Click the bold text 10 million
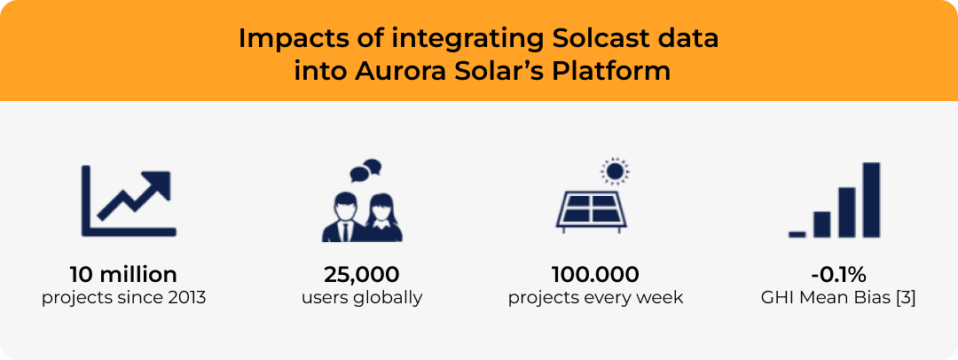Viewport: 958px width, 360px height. pyautogui.click(x=123, y=274)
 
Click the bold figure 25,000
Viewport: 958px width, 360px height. pyautogui.click(x=361, y=274)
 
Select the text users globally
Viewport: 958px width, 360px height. pyautogui.click(x=361, y=297)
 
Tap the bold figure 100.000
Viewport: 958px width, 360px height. pyautogui.click(x=595, y=274)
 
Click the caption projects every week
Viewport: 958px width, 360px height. pyautogui.click(x=595, y=297)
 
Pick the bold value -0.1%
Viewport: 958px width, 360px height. pyautogui.click(x=837, y=274)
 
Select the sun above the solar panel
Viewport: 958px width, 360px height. pyautogui.click(x=613, y=170)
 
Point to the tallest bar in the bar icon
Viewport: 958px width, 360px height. pyautogui.click(x=871, y=200)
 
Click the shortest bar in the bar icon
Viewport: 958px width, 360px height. pyautogui.click(x=797, y=234)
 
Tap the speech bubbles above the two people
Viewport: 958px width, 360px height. pyautogui.click(x=365, y=168)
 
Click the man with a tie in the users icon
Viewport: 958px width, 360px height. pyautogui.click(x=342, y=217)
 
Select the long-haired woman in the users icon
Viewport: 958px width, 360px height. pyautogui.click(x=382, y=217)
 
